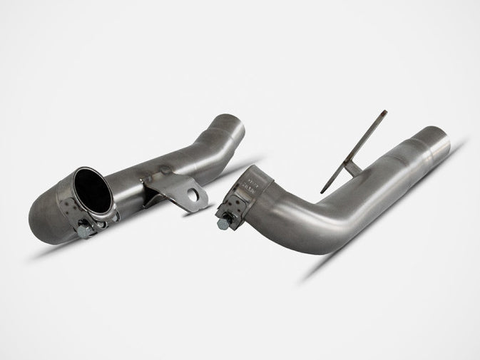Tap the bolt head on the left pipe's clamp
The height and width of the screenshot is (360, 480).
click(x=83, y=230)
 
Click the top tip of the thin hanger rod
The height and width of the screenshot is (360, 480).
click(x=384, y=112)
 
